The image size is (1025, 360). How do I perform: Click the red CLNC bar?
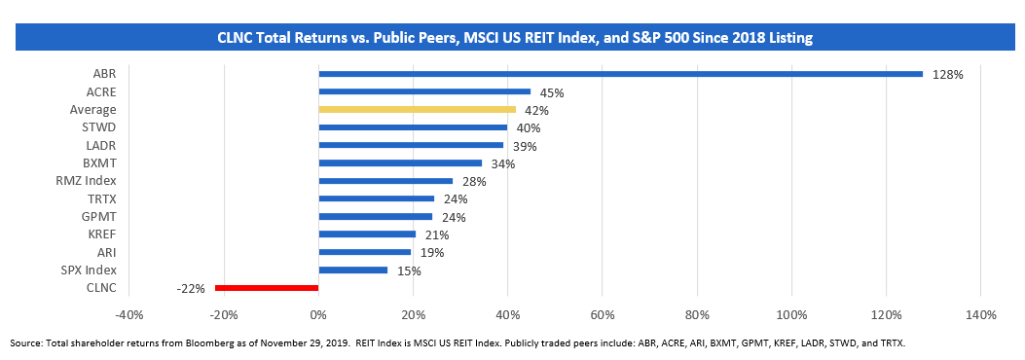[267, 288]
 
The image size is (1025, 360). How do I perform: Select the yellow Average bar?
[417, 110]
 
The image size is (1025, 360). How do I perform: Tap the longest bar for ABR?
[620, 74]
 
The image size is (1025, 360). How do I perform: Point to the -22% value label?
[191, 288]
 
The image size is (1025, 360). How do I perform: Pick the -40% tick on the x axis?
[128, 314]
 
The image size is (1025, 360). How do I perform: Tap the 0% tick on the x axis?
[318, 314]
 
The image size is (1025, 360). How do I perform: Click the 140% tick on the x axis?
[979, 314]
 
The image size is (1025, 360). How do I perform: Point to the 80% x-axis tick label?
[696, 314]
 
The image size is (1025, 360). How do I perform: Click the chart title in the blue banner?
[514, 38]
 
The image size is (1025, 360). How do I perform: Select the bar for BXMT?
[400, 163]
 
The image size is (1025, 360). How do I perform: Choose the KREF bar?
[367, 234]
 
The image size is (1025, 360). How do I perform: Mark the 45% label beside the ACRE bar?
[552, 92]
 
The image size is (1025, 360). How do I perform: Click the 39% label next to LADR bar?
[524, 146]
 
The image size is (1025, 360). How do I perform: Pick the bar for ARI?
[364, 252]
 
